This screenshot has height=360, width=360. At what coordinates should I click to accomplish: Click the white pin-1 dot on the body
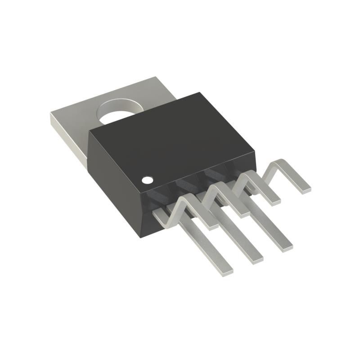coord(147,180)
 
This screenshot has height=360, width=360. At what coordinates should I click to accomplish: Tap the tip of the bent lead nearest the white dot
coord(211,225)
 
